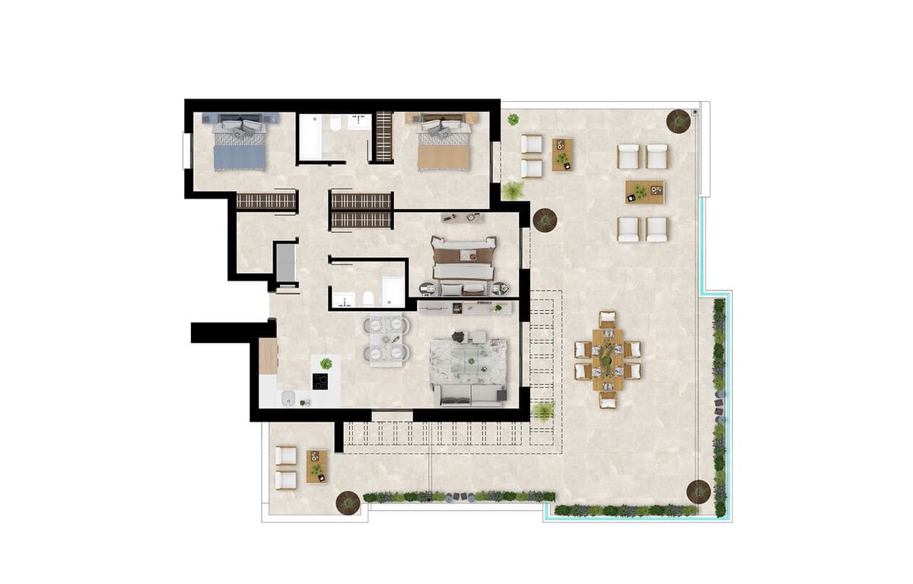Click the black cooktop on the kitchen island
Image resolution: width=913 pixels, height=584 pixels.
click(321, 382)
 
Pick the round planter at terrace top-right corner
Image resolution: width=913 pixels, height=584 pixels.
click(678, 120)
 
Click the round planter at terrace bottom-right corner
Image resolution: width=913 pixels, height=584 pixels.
click(698, 492)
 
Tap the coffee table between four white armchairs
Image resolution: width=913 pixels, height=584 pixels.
click(644, 192)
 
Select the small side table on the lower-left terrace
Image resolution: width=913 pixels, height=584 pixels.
click(317, 466)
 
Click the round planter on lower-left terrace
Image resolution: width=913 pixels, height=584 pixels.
click(348, 502)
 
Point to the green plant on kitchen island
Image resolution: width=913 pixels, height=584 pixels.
click(326, 364)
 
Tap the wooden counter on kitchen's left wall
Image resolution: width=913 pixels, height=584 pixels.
click(268, 356)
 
